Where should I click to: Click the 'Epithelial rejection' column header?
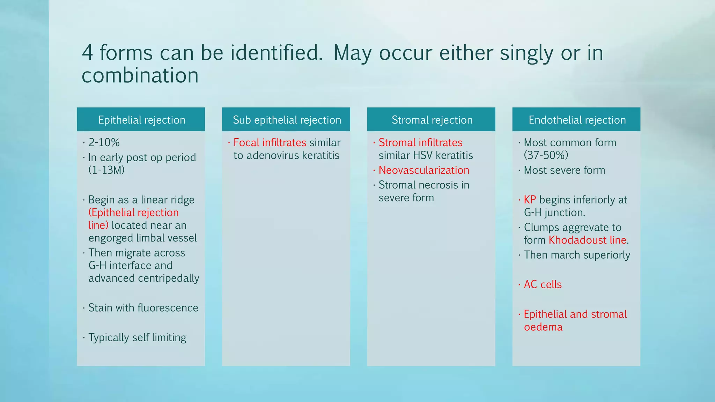[x=141, y=120]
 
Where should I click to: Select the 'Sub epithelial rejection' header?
[x=287, y=120]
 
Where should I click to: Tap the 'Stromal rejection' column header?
[x=432, y=120]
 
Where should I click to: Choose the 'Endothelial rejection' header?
[x=577, y=120]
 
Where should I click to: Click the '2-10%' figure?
[x=104, y=142]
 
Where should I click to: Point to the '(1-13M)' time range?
[x=106, y=170]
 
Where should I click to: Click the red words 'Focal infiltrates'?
[x=270, y=142]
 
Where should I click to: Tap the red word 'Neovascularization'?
[x=424, y=170]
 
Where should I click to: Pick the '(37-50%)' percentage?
[x=546, y=155]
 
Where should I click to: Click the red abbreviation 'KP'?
[x=530, y=200]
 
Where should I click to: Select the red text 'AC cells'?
[x=543, y=284]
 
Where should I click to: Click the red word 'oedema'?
[x=543, y=327]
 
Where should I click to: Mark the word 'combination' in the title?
[x=140, y=75]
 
